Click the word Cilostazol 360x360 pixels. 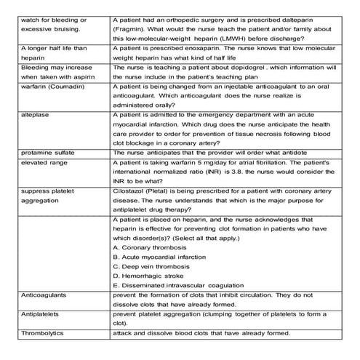[129, 191]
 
